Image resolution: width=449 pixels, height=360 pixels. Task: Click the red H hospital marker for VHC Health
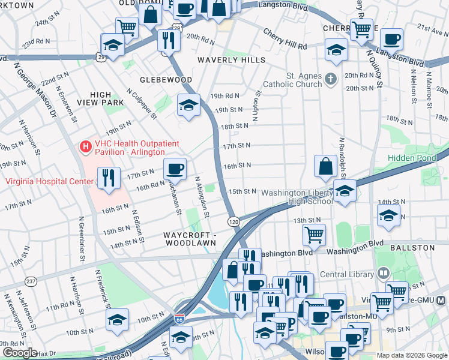[x=86, y=145]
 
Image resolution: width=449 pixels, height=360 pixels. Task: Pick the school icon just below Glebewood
[x=188, y=106]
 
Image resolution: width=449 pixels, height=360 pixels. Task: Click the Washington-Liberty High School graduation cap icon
[x=345, y=191]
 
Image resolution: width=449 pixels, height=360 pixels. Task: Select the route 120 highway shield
[x=234, y=222]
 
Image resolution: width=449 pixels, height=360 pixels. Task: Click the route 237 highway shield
[x=31, y=280]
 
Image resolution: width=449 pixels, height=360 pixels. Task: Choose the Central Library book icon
[x=382, y=274]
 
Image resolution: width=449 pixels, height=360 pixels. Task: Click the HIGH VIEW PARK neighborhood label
[x=107, y=98]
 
